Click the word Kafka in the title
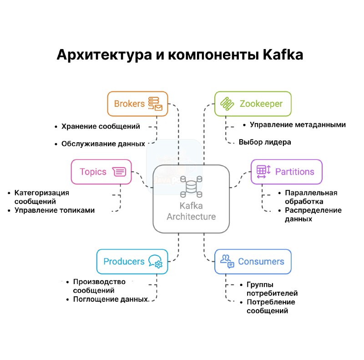[x=283, y=55]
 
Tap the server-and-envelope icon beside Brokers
[x=155, y=104]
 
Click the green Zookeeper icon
[x=227, y=104]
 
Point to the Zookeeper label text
[x=261, y=104]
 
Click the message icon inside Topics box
[x=119, y=172]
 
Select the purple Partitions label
[x=294, y=172]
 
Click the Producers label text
[x=124, y=262]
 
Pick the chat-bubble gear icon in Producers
[x=155, y=262]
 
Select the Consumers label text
[x=261, y=262]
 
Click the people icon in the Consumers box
[x=227, y=261]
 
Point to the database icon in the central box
[x=191, y=186]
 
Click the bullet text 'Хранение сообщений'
[x=101, y=126]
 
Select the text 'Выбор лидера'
[x=265, y=142]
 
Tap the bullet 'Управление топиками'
[x=55, y=210]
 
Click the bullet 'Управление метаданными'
[x=298, y=125]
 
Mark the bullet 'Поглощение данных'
[x=111, y=299]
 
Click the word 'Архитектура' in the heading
[x=104, y=55]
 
